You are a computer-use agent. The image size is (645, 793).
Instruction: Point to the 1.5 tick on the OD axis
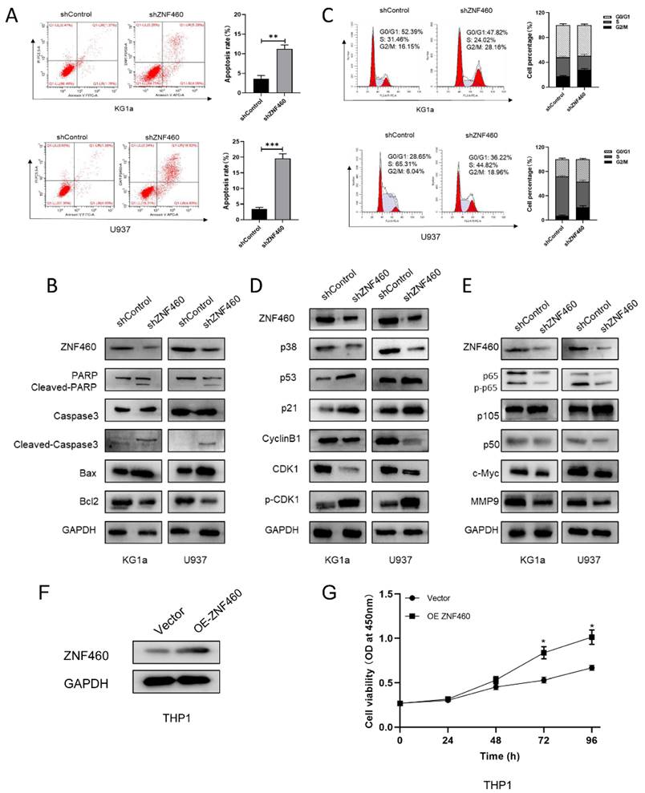pyautogui.click(x=385, y=595)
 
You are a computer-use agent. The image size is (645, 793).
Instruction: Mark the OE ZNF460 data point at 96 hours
pyautogui.click(x=591, y=639)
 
